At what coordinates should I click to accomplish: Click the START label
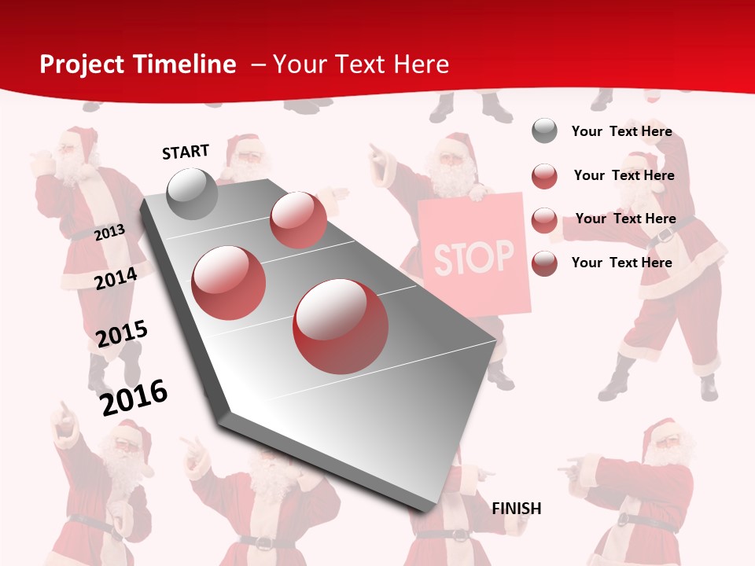pos(186,152)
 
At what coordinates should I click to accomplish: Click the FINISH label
pos(517,509)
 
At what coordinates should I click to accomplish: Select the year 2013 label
pos(110,232)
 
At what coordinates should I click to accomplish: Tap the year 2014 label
pos(116,279)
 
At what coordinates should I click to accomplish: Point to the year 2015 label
pos(122,333)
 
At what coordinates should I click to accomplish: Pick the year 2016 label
pos(134,397)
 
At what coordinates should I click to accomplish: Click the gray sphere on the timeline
pos(192,193)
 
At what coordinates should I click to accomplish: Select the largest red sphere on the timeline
pos(341,326)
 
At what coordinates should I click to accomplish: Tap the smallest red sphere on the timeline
pos(298,219)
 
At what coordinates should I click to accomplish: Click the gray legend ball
pos(544,130)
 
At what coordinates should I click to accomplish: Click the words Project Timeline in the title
pos(138,64)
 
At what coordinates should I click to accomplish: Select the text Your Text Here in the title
pos(361,64)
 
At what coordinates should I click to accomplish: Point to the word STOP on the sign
pos(473,256)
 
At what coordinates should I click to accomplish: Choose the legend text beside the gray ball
pos(621,131)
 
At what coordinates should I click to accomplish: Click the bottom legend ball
pos(544,263)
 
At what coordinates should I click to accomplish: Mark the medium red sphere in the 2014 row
pos(229,282)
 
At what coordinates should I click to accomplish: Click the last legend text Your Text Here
pos(621,263)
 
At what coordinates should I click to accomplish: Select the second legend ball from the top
pos(544,176)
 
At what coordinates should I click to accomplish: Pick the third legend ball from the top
pos(544,220)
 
